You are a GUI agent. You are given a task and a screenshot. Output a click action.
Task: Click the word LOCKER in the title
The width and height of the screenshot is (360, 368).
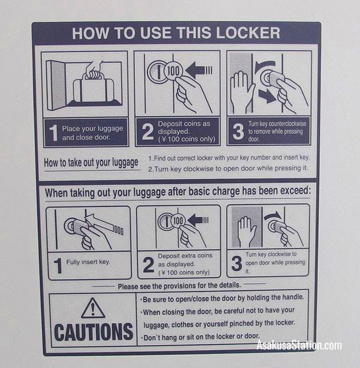248,33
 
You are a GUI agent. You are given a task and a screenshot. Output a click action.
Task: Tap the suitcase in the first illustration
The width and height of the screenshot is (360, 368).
94,88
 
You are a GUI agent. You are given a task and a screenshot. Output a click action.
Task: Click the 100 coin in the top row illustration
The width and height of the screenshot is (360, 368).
173,71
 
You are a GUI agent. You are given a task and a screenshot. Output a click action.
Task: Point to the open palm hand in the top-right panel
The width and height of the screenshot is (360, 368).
242,91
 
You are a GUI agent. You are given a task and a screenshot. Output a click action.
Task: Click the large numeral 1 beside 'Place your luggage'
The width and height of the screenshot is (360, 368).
54,133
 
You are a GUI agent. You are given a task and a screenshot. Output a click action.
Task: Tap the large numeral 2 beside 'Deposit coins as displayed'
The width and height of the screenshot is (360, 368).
148,131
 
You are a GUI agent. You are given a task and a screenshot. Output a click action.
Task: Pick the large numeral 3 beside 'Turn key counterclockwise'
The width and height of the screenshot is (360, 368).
238,131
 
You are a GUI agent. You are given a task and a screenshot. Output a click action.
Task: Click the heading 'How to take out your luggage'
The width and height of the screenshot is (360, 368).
91,163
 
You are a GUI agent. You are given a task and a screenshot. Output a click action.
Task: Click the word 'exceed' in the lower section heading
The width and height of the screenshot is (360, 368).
295,190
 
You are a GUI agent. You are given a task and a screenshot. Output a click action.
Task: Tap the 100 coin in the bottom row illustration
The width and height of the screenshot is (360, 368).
178,220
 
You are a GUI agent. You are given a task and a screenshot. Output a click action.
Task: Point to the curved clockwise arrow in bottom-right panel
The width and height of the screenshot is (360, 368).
272,216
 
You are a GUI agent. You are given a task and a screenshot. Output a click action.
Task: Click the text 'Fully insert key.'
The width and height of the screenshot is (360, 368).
88,262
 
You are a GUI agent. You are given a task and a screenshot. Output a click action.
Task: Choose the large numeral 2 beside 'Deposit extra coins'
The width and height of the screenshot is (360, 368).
148,265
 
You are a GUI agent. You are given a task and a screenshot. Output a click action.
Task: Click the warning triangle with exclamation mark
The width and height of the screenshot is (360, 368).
93,308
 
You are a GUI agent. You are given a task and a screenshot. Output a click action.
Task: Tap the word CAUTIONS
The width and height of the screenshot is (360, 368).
94,332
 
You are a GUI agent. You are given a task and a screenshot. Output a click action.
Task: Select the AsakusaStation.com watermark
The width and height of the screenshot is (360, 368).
299,345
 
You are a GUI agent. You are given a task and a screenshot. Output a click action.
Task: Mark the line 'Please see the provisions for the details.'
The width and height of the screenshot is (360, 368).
179,286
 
